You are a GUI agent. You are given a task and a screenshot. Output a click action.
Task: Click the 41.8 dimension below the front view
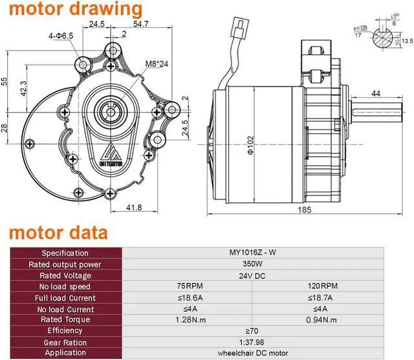(133, 207)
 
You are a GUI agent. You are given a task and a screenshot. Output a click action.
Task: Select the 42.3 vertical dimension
(24, 89)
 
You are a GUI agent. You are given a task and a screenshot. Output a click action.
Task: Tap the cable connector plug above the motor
(236, 30)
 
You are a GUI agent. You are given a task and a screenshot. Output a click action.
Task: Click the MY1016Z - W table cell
(268, 253)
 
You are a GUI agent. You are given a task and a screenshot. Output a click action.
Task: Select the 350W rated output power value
(268, 264)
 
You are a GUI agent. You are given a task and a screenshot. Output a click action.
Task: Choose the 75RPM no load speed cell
(186, 287)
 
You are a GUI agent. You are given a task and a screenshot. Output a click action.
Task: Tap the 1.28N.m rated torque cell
(186, 320)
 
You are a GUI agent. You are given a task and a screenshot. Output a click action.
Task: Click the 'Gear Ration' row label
(65, 342)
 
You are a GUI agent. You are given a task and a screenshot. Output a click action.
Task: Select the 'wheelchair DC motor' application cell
(268, 353)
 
